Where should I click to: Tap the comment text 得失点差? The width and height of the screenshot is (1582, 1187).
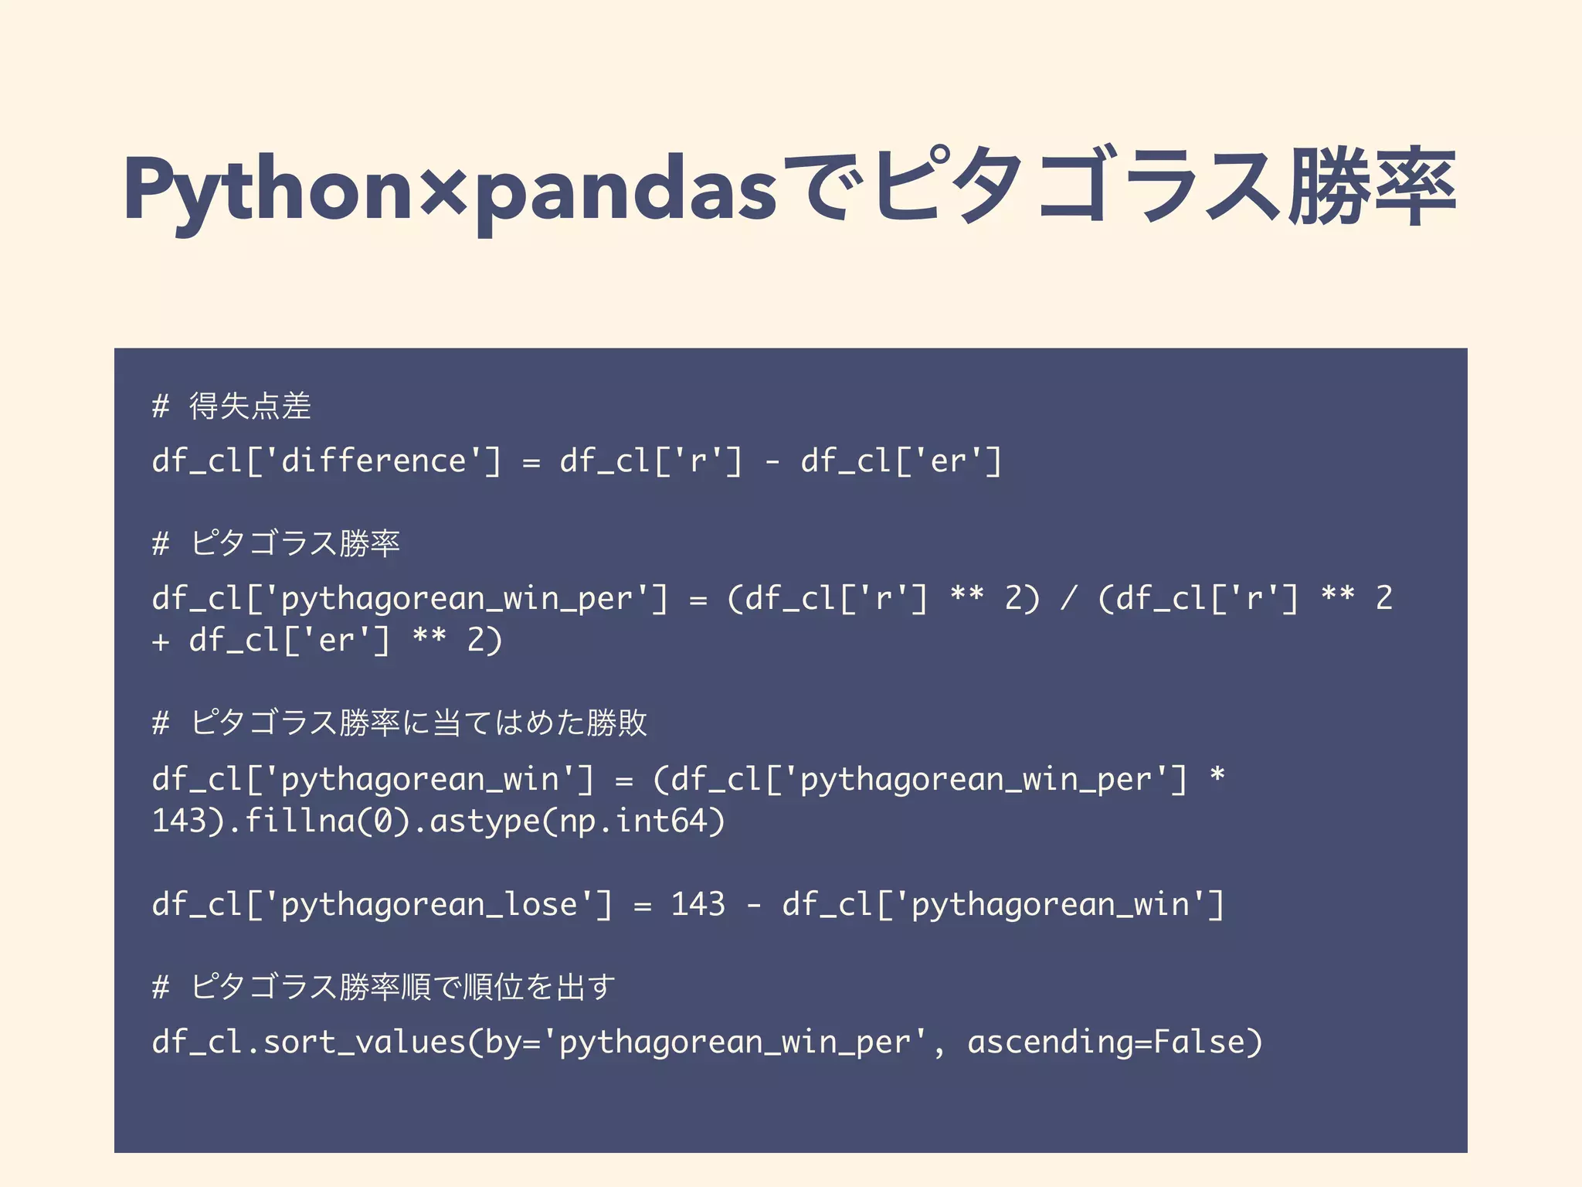[x=250, y=406]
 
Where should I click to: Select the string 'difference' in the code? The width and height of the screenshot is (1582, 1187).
[x=373, y=461]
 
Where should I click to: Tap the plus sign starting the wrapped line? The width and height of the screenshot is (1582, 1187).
[x=161, y=641]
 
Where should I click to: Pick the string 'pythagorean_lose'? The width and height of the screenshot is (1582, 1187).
[x=429, y=905]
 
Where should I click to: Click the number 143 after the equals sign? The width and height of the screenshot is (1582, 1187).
[x=698, y=904]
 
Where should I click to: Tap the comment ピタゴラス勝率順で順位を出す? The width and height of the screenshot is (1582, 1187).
[x=402, y=987]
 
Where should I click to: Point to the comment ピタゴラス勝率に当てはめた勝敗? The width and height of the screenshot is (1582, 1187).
[x=418, y=723]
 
